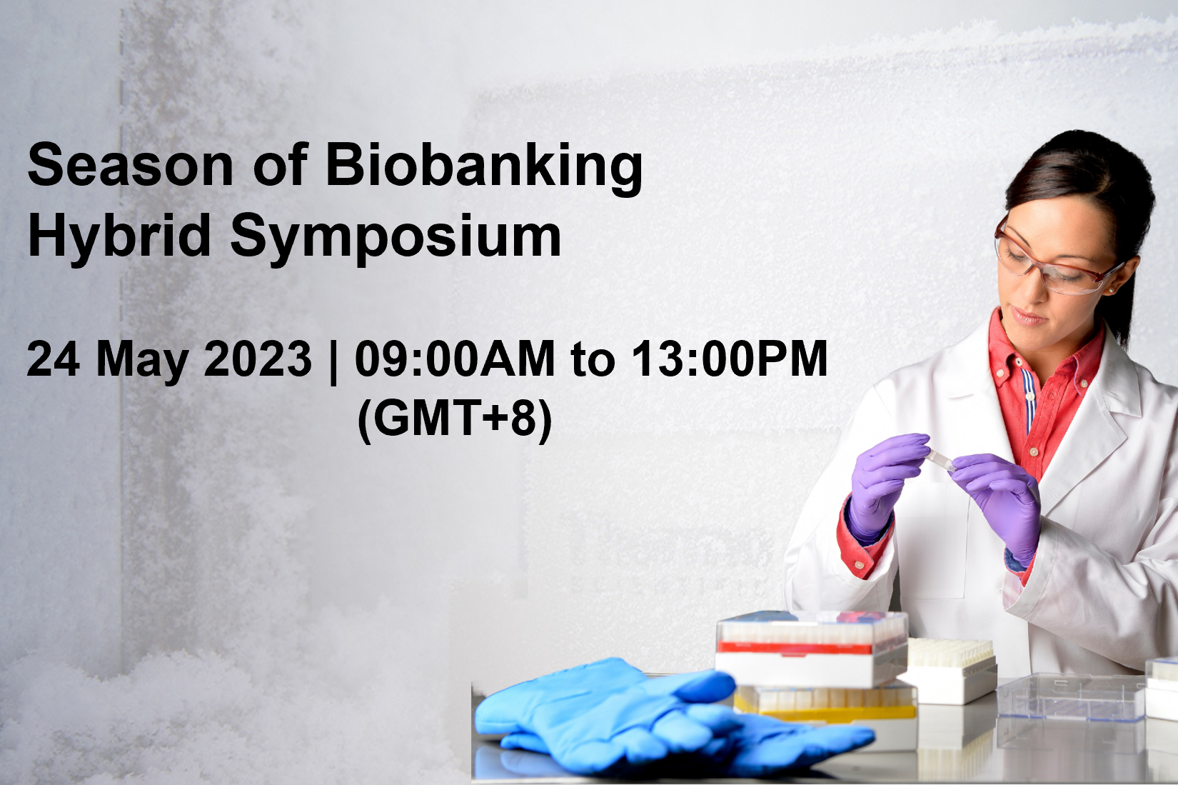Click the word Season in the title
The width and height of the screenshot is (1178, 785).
pos(130,166)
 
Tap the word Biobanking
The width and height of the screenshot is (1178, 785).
pos(484,169)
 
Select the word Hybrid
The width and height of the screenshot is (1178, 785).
pos(119,236)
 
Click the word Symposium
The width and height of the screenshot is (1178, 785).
pos(396,239)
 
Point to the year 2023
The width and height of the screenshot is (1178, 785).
pos(258,359)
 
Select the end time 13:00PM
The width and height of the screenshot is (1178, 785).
pos(730,359)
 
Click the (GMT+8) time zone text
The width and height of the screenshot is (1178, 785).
pos(455,421)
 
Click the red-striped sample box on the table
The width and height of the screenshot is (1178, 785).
pos(812,649)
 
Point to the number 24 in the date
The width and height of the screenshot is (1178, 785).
pos(53,359)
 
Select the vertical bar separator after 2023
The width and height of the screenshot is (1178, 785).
pos(333,361)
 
